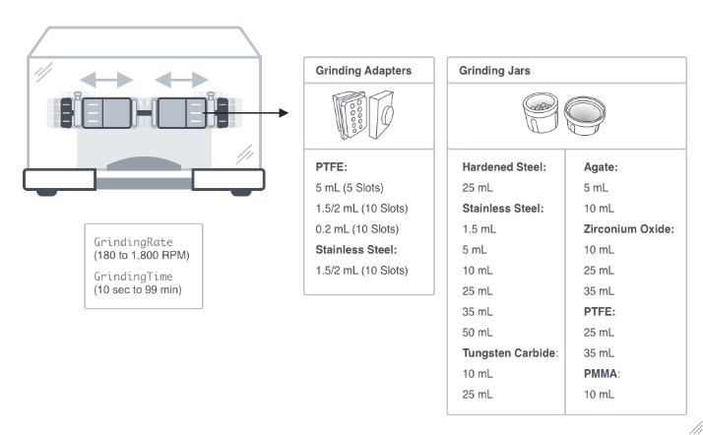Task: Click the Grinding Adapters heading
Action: (363, 71)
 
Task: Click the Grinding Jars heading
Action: (494, 71)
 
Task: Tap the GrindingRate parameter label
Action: (133, 242)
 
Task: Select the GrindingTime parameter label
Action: (133, 277)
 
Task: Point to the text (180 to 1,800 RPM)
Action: (142, 255)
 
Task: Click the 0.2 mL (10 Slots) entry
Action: (356, 229)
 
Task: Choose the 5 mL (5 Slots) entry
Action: (350, 188)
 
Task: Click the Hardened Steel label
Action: (504, 167)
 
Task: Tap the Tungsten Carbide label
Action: (510, 353)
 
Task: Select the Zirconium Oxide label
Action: (629, 229)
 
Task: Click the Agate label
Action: (601, 167)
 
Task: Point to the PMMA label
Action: (602, 374)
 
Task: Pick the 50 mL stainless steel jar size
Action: (478, 333)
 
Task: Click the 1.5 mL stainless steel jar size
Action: (479, 229)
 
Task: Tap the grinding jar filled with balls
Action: (541, 112)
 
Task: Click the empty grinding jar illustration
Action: (585, 115)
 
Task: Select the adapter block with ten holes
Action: (350, 115)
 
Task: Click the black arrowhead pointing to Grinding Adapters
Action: (284, 113)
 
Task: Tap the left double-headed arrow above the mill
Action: (106, 80)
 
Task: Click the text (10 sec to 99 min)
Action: (138, 290)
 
